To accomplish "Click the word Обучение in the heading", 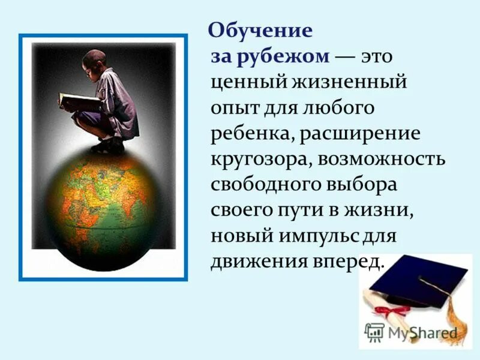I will (260, 31).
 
